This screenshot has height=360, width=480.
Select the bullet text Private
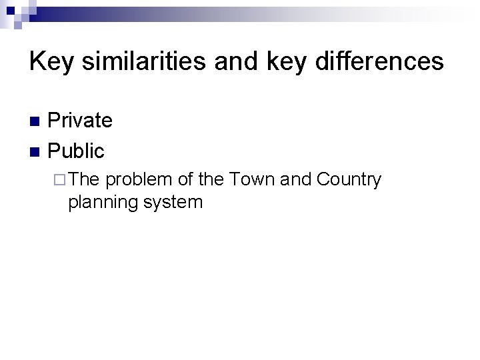(81, 121)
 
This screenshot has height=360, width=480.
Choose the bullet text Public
(77, 151)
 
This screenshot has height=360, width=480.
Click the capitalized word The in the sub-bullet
(84, 180)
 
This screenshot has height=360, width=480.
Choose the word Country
(349, 180)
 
